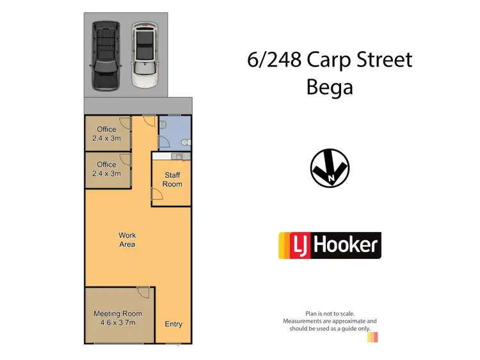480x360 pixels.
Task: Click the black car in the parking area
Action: (105, 56)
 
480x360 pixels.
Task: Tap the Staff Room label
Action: (172, 180)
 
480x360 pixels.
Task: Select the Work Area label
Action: (127, 240)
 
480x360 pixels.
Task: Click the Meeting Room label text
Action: (118, 314)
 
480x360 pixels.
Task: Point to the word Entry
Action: (173, 324)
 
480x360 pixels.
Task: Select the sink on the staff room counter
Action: (179, 156)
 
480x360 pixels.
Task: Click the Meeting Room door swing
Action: (143, 293)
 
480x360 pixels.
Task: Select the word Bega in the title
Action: (330, 87)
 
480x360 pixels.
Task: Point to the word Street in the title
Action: (382, 60)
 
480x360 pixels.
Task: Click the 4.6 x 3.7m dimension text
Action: (118, 323)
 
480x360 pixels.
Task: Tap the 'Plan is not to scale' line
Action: (330, 313)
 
